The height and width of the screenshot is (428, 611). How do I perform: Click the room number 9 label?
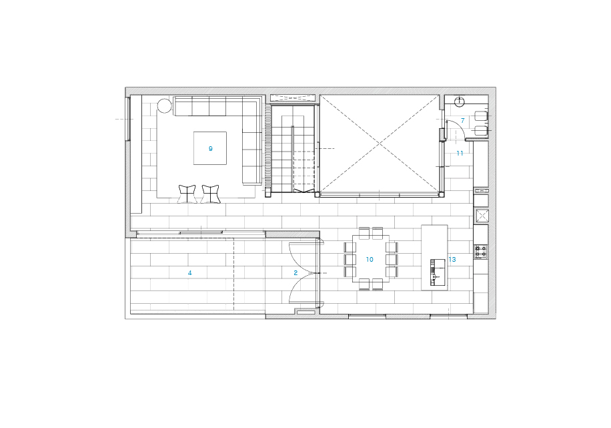point(210,149)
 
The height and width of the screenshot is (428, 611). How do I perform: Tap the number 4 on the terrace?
point(189,273)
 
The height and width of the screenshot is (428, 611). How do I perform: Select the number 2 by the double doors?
point(295,273)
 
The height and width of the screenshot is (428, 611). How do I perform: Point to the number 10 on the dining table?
point(370,260)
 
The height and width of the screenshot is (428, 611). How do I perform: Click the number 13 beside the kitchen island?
point(452,260)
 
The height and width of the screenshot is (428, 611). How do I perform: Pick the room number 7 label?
point(462,121)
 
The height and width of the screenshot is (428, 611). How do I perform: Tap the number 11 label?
point(460,154)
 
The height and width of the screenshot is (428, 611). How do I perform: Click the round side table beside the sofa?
point(165,105)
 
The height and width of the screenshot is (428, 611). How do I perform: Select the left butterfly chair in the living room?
point(187,194)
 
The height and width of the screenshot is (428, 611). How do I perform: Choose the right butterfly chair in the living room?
point(211,194)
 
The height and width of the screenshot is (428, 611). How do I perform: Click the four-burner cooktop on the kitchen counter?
point(481,251)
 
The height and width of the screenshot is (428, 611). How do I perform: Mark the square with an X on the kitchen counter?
point(482,216)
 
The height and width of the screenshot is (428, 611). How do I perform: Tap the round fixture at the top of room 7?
point(460,101)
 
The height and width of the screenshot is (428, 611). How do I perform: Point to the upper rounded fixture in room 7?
point(481,116)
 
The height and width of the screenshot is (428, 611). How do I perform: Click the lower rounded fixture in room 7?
point(481,131)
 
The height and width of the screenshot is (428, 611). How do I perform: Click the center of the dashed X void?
point(380,145)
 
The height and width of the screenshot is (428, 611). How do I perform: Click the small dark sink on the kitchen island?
point(437,272)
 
